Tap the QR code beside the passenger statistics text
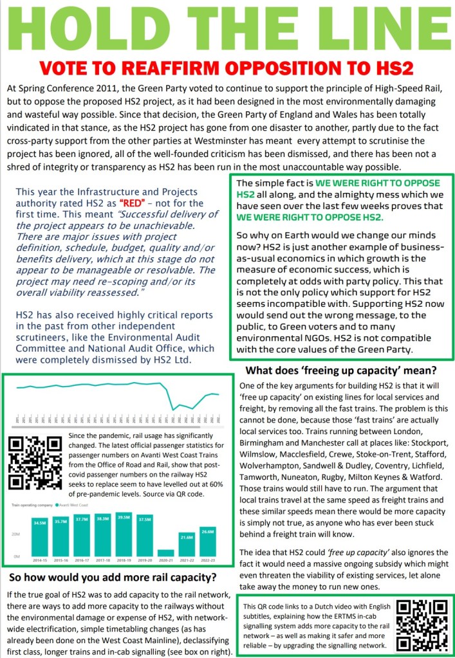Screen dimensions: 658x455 (35, 464)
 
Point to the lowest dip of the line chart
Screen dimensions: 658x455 (173, 409)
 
